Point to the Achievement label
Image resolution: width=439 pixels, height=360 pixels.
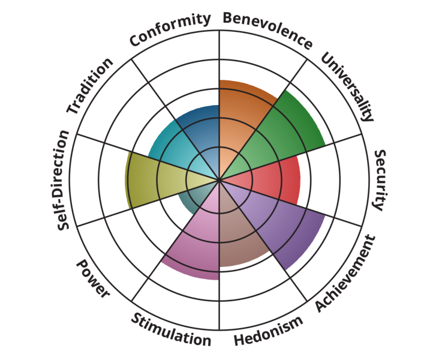tap(345, 274)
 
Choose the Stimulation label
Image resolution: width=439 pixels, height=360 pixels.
tap(171, 329)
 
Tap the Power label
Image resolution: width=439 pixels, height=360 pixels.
tap(92, 278)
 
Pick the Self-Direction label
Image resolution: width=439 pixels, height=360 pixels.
tap(63, 180)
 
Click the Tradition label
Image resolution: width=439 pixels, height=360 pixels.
tap(90, 86)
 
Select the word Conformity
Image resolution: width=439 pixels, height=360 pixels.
tap(170, 29)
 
